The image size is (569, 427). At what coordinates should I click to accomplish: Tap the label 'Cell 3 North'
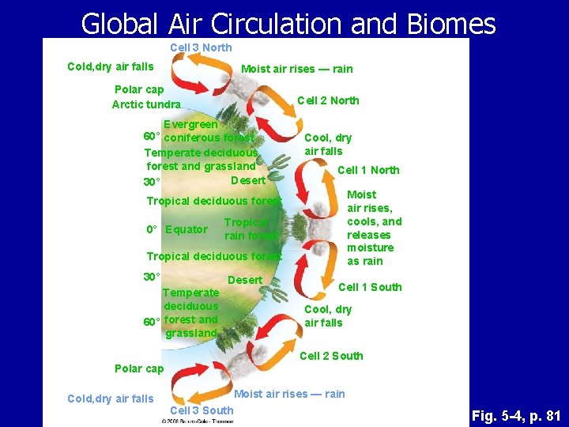coord(201,47)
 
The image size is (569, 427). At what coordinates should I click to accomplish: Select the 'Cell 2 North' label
coord(328,100)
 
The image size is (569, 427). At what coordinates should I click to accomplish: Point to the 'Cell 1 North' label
coord(368,170)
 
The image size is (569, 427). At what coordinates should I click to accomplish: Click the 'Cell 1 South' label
coord(370,287)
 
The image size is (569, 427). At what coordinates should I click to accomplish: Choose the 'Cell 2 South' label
coord(331,356)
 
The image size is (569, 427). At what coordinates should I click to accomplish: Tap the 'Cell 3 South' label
coord(202,410)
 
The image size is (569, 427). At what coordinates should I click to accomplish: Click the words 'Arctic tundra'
coord(146,104)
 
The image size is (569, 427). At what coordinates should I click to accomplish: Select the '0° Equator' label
coord(177,230)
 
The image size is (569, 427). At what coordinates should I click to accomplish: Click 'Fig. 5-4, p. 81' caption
coord(515,415)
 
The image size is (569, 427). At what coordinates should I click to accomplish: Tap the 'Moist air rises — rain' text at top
coord(296,69)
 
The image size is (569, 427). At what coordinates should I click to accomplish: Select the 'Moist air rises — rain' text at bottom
coord(289,394)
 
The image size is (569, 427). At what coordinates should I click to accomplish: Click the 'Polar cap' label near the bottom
coord(139,368)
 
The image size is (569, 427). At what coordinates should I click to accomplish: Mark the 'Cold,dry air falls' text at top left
coord(111,66)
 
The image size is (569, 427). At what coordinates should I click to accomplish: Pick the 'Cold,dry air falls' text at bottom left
coord(111,399)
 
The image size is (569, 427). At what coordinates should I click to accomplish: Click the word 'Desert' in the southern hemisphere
coord(245,280)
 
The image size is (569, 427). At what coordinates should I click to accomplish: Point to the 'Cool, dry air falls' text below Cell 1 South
coord(328,316)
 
